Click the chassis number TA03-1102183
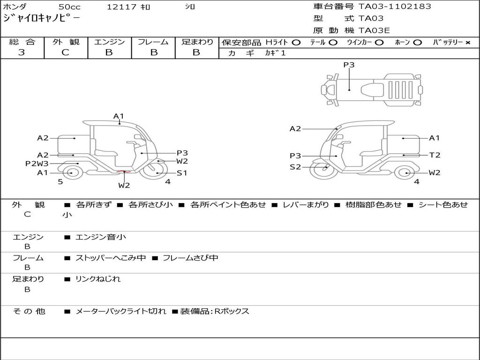[395, 7]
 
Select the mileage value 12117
[121, 7]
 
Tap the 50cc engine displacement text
[69, 7]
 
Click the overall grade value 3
[22, 52]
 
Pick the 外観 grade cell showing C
[66, 52]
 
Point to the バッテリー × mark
[467, 42]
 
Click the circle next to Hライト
[296, 42]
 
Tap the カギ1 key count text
[275, 53]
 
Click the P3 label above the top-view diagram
[349, 65]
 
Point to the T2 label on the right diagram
[435, 155]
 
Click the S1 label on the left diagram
[182, 173]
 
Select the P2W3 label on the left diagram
[37, 164]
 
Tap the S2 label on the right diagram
[295, 166]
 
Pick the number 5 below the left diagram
[60, 181]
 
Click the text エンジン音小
[101, 237]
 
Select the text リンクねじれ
[98, 279]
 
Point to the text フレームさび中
[190, 258]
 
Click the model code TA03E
[375, 30]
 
